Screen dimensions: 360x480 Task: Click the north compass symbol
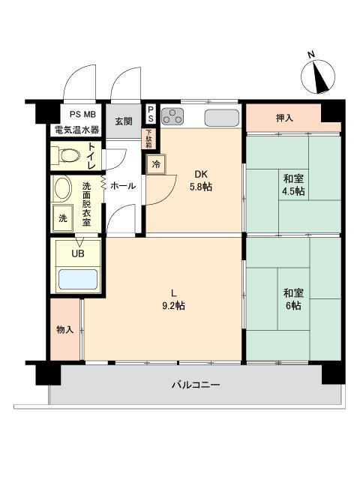pyautogui.click(x=318, y=76)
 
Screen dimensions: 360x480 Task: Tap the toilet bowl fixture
pyautogui.click(x=65, y=155)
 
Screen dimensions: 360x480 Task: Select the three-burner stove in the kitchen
pyautogui.click(x=172, y=117)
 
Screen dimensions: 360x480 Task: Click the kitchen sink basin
pyautogui.click(x=222, y=118)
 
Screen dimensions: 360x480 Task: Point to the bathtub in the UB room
pyautogui.click(x=78, y=279)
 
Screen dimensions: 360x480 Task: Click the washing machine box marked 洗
pyautogui.click(x=63, y=218)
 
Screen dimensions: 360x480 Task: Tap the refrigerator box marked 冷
pyautogui.click(x=156, y=164)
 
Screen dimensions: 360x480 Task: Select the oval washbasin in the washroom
pyautogui.click(x=63, y=188)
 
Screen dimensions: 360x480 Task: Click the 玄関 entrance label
pyautogui.click(x=124, y=121)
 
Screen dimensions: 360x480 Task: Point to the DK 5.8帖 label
pyautogui.click(x=201, y=181)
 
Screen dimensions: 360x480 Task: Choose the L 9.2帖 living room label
pyautogui.click(x=173, y=300)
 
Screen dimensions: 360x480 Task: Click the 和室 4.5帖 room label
pyautogui.click(x=293, y=184)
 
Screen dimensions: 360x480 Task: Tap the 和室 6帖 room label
pyautogui.click(x=293, y=299)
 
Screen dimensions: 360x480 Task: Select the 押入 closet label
pyautogui.click(x=285, y=118)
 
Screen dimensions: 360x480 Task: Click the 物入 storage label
pyautogui.click(x=65, y=330)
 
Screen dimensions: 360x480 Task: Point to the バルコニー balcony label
pyautogui.click(x=196, y=385)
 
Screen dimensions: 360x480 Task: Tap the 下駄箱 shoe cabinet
pyautogui.click(x=148, y=139)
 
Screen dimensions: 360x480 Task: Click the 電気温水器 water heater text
pyautogui.click(x=76, y=130)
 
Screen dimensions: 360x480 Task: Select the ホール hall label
pyautogui.click(x=123, y=185)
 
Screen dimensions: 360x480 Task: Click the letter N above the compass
pyautogui.click(x=311, y=55)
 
